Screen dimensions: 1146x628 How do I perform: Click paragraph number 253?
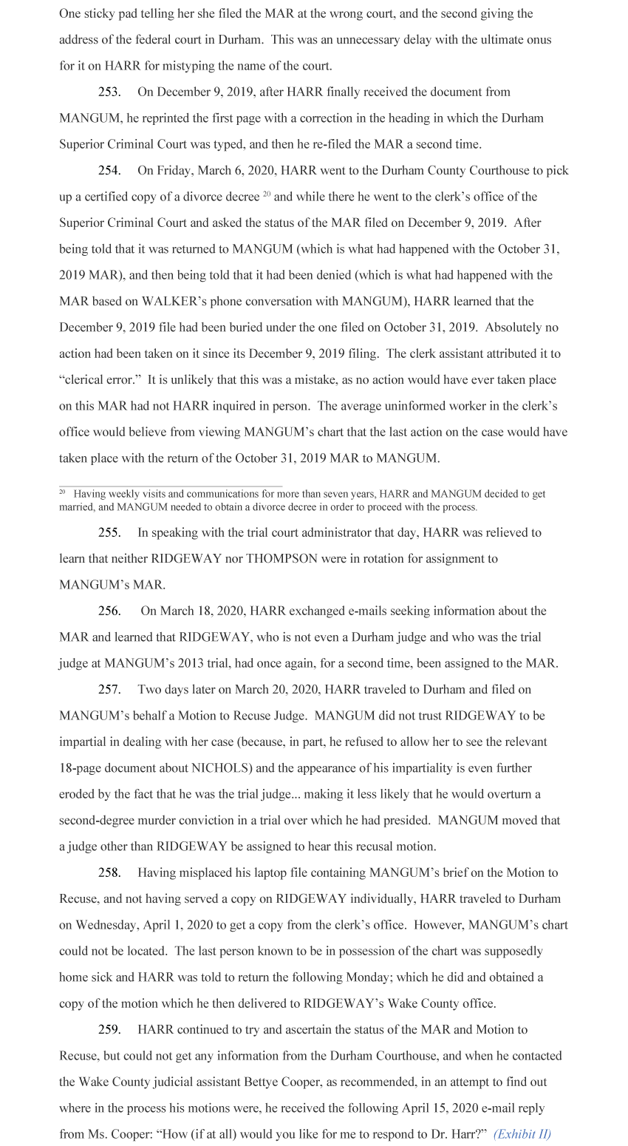coord(109,92)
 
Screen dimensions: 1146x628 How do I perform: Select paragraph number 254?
coord(109,171)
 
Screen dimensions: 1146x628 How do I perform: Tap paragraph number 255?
coord(109,532)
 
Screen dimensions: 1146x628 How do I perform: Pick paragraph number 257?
coord(109,689)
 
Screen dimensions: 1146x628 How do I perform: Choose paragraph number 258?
coord(109,872)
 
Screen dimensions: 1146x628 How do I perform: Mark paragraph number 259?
coord(109,1029)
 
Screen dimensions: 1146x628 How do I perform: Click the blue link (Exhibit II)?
coord(522,1134)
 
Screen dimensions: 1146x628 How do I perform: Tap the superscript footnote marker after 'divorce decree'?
coord(267,194)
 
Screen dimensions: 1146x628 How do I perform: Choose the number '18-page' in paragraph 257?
coord(81,768)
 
